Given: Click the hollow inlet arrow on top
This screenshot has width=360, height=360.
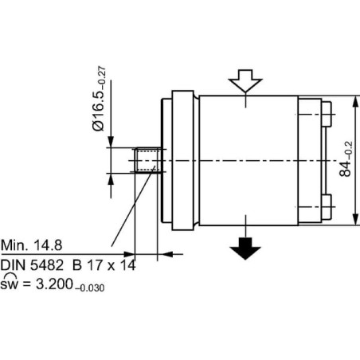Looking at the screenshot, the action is [245, 80].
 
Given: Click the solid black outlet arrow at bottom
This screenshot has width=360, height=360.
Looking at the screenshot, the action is [245, 248].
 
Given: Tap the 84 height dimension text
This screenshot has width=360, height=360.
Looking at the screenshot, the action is [346, 159].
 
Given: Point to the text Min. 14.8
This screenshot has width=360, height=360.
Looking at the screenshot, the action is [32, 245].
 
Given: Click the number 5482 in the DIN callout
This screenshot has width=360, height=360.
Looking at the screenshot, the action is [47, 265].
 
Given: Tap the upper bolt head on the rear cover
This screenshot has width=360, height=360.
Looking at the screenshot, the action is [327, 114].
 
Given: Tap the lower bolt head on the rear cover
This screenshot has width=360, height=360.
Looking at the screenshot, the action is [327, 207].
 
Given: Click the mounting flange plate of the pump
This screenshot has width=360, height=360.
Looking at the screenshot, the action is [182, 160].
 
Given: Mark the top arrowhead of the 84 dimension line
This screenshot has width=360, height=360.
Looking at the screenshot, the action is [355, 101].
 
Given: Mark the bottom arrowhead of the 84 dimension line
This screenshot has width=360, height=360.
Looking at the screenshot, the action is [355, 219].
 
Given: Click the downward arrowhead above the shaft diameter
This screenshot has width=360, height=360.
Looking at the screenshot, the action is [111, 142].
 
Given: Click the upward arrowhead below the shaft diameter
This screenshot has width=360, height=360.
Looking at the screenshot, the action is [111, 179].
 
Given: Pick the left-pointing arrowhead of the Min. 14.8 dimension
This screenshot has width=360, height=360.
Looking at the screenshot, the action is [167, 254].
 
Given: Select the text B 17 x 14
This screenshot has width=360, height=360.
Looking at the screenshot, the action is [104, 265].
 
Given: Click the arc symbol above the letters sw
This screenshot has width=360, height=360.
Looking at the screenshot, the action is [11, 275].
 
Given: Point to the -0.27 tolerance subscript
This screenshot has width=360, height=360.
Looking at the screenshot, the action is [102, 76].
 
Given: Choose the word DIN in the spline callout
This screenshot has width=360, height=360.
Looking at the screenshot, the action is [14, 265].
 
